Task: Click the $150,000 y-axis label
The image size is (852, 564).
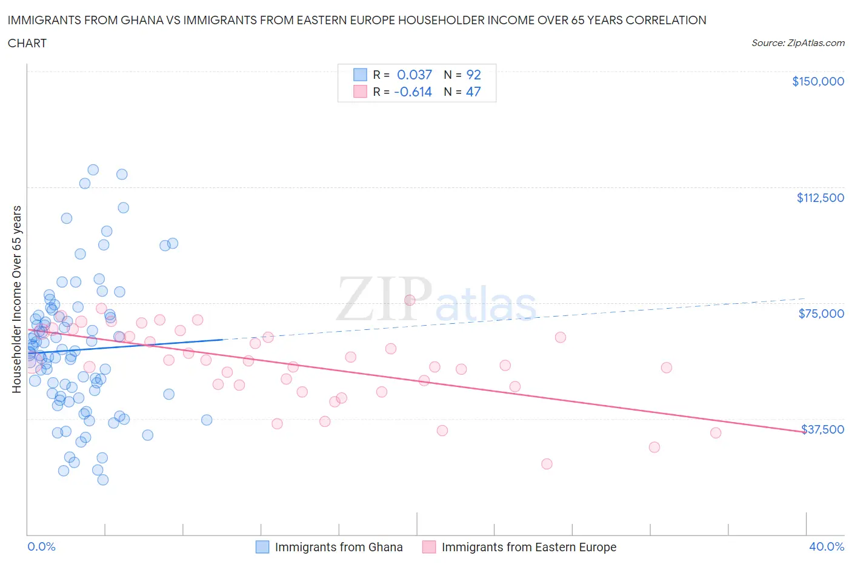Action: pyautogui.click(x=817, y=82)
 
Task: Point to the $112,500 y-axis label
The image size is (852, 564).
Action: pyautogui.click(x=820, y=198)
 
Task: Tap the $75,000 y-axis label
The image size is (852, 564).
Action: pyautogui.click(x=821, y=314)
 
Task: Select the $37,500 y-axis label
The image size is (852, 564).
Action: pyautogui.click(x=822, y=429)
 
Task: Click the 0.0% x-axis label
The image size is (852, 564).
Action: pyautogui.click(x=41, y=546)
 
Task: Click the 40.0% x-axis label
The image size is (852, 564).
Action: pyautogui.click(x=826, y=546)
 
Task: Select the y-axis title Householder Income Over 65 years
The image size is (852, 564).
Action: pyautogui.click(x=17, y=299)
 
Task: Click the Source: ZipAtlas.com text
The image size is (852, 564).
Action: pyautogui.click(x=797, y=43)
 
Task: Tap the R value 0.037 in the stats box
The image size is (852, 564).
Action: pyautogui.click(x=414, y=75)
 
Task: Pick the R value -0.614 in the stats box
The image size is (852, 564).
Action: pyautogui.click(x=413, y=92)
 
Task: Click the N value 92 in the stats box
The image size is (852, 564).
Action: pyautogui.click(x=473, y=75)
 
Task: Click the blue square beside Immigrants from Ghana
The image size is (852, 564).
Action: pyautogui.click(x=262, y=547)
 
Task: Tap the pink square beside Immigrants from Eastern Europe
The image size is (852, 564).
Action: pyautogui.click(x=429, y=547)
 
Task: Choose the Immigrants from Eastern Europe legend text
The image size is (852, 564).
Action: pyautogui.click(x=528, y=547)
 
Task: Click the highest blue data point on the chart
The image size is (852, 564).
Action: pyautogui.click(x=93, y=170)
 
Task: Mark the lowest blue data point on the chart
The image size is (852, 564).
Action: pyautogui.click(x=103, y=480)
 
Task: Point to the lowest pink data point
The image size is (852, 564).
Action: pyautogui.click(x=547, y=464)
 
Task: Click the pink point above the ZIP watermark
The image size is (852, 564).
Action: pyautogui.click(x=410, y=300)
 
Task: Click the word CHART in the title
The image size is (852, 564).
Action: pyautogui.click(x=27, y=43)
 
